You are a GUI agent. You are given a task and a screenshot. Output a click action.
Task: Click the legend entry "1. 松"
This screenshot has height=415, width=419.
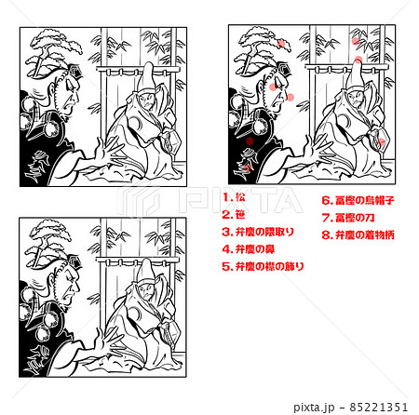click(235, 197)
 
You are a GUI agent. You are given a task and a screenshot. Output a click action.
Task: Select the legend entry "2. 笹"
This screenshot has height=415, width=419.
click(235, 214)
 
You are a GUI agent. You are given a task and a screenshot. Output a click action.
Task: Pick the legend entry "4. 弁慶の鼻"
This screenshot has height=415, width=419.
click(247, 248)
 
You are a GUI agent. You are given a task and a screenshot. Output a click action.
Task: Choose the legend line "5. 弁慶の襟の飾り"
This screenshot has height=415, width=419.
click(264, 266)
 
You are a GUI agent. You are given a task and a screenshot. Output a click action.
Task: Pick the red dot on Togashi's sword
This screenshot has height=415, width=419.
click(380, 141)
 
